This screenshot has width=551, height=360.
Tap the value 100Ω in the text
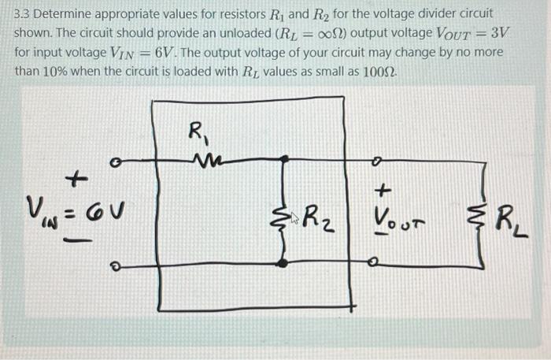click(379, 69)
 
